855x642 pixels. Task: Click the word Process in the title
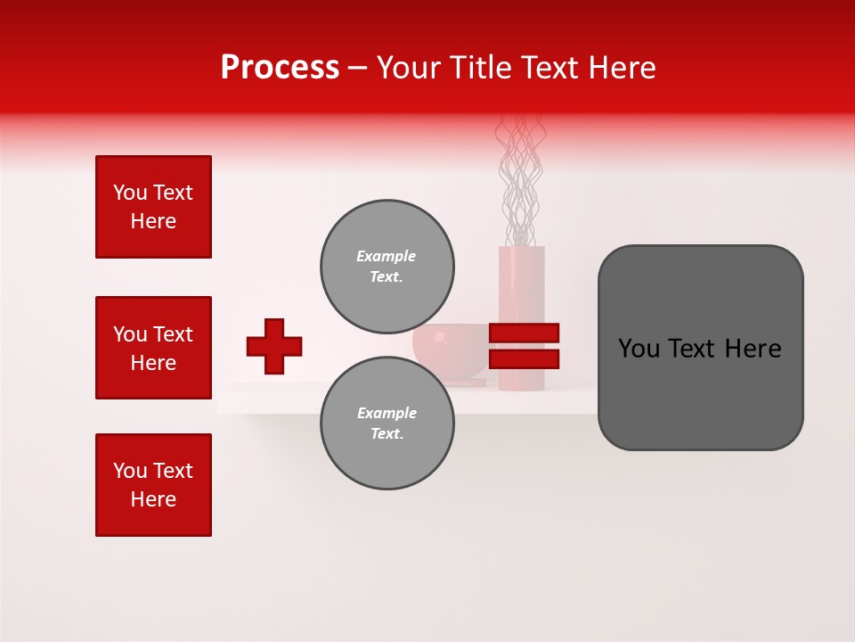(x=280, y=68)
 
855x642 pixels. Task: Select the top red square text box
(x=153, y=207)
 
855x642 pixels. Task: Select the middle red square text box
(x=153, y=348)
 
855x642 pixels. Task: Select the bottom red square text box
(x=153, y=485)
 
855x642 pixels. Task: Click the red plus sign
(x=274, y=346)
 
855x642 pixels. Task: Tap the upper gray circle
(x=387, y=267)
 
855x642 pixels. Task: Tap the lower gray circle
(x=387, y=424)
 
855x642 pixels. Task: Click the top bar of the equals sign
(x=524, y=333)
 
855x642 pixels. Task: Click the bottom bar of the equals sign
(x=524, y=358)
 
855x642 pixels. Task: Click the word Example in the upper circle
(x=386, y=256)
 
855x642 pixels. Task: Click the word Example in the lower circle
(x=387, y=413)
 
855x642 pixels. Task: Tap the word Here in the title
(x=622, y=68)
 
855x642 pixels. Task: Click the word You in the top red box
(x=130, y=193)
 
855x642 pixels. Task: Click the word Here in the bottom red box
(x=153, y=499)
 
